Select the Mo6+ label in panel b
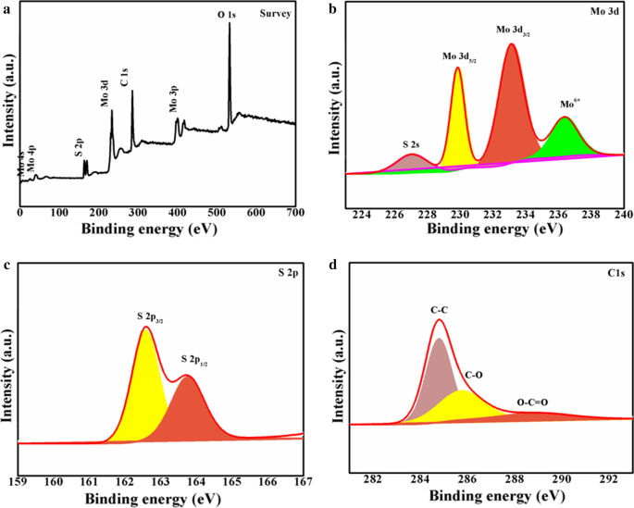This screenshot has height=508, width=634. (572, 105)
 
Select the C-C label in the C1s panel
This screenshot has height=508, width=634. (439, 310)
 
